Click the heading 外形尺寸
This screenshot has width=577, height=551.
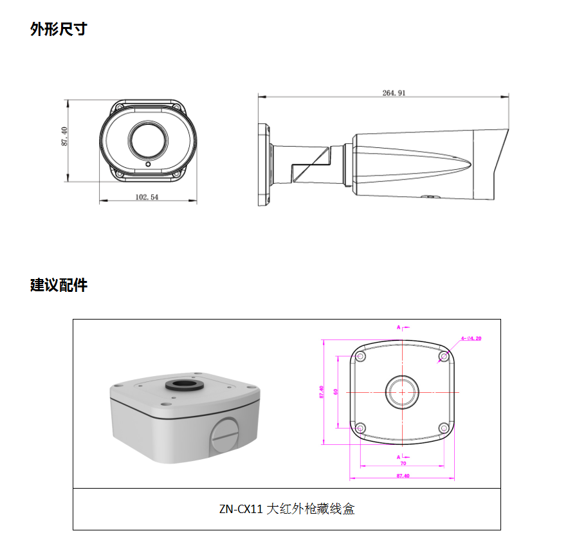pyautogui.click(x=59, y=29)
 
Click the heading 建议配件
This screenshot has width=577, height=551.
pyautogui.click(x=59, y=285)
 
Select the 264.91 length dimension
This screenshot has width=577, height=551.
pyautogui.click(x=393, y=93)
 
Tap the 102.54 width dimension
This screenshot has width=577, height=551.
pyautogui.click(x=147, y=197)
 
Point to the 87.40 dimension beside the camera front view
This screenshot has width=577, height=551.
pyautogui.click(x=65, y=136)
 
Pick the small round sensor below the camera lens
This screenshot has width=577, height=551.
pyautogui.click(x=147, y=165)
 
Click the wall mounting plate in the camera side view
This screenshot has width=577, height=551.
pyautogui.click(x=264, y=165)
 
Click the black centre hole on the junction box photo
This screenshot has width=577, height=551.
pyautogui.click(x=185, y=385)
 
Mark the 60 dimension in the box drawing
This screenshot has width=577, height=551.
pyautogui.click(x=335, y=392)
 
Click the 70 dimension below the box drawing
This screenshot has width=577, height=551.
pyautogui.click(x=403, y=463)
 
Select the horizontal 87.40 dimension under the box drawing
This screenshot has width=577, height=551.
pyautogui.click(x=403, y=476)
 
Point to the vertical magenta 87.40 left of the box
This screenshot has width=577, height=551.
pyautogui.click(x=321, y=392)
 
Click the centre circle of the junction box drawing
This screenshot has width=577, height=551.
pyautogui.click(x=402, y=392)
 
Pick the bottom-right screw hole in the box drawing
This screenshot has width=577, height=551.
pyautogui.click(x=443, y=428)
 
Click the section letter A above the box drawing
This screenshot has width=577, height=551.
pyautogui.click(x=399, y=327)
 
